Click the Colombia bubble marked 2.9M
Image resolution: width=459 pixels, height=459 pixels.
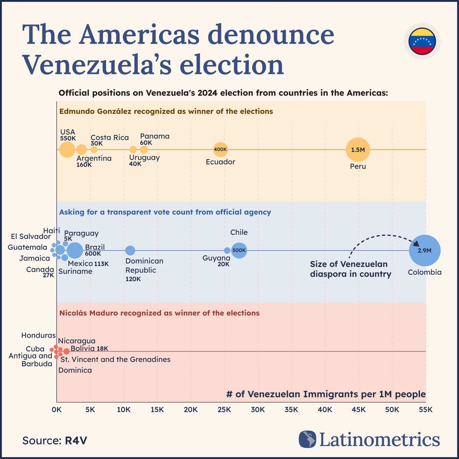click(425, 251)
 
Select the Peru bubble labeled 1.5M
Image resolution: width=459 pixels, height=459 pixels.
click(358, 150)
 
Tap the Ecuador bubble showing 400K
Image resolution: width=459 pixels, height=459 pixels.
click(220, 150)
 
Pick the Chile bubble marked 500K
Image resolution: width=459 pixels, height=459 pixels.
click(239, 251)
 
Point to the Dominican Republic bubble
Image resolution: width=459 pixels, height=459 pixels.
click(130, 251)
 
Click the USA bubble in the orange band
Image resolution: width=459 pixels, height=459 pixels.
click(67, 150)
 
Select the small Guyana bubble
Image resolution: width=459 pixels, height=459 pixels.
click(227, 251)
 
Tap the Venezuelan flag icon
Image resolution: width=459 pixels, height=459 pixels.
click(422, 41)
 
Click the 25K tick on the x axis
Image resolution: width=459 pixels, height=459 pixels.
click(224, 410)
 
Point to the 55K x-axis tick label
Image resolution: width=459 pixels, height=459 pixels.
click(425, 410)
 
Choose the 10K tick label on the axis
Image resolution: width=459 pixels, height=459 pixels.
click(123, 410)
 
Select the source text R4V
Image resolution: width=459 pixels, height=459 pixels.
click(76, 440)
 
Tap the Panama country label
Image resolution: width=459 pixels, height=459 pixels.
click(155, 136)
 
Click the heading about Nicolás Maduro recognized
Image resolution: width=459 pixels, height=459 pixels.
click(160, 313)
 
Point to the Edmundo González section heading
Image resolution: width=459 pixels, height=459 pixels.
click(166, 111)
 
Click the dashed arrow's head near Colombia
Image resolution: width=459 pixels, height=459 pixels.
click(416, 243)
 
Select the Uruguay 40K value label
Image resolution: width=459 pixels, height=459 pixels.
click(135, 164)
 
